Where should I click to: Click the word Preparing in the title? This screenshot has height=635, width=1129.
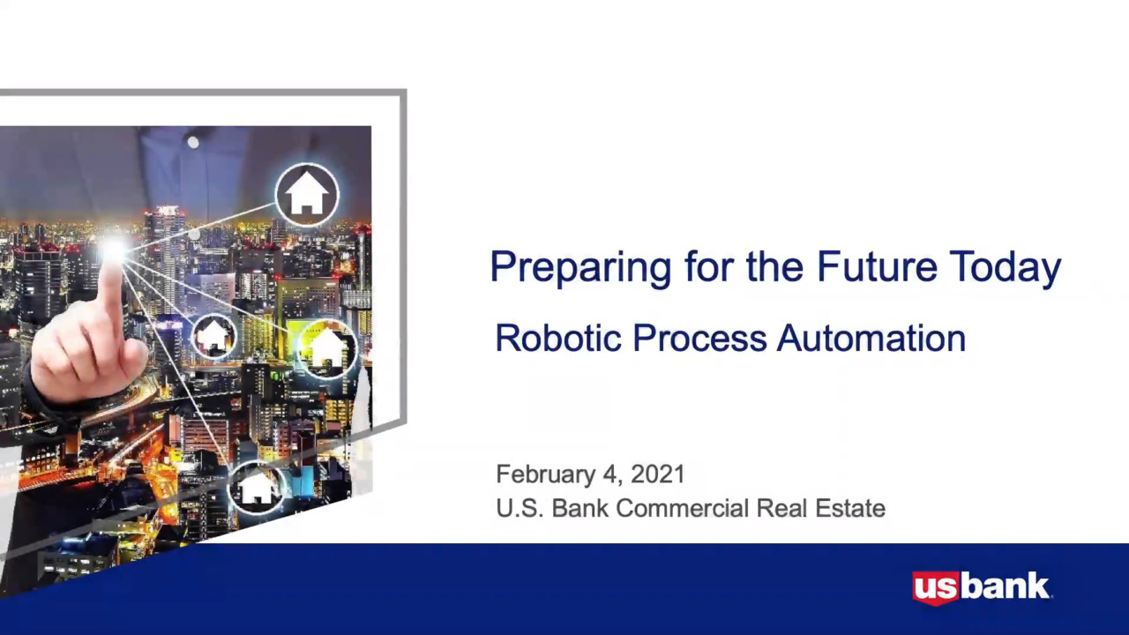tap(580, 267)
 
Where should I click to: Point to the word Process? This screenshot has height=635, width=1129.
tap(700, 338)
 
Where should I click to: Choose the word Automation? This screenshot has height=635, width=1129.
tap(871, 338)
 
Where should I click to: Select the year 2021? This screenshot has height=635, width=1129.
tap(658, 474)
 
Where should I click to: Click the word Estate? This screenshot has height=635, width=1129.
tap(850, 508)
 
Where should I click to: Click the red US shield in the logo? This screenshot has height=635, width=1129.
tap(936, 587)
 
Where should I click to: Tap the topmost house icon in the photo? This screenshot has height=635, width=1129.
tap(307, 195)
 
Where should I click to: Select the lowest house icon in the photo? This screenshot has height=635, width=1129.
tap(257, 488)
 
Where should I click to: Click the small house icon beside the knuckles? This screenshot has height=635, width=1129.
tap(213, 336)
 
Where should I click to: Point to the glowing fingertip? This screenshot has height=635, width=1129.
tap(114, 251)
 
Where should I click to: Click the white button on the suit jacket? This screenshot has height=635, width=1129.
tap(193, 143)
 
